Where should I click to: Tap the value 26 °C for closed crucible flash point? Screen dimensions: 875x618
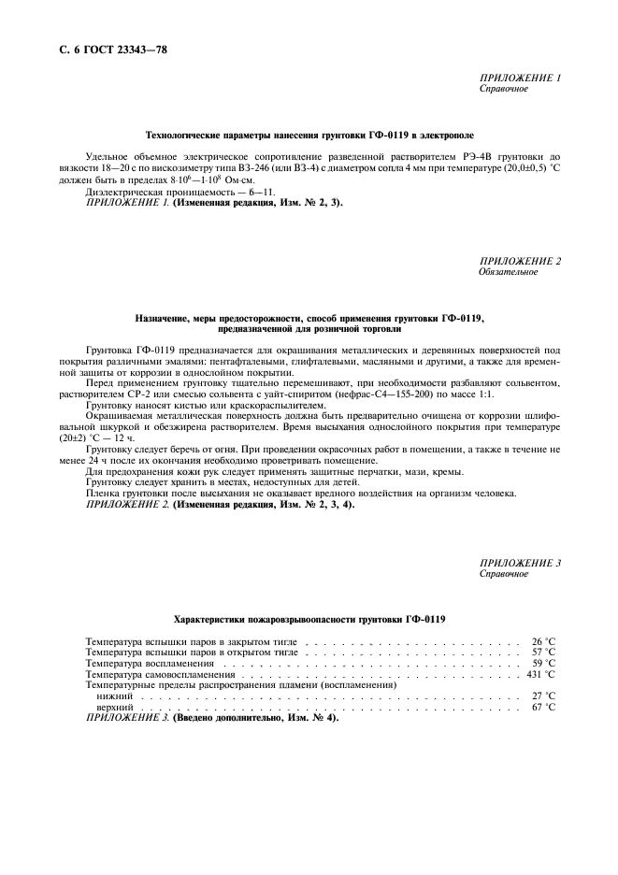click(x=543, y=642)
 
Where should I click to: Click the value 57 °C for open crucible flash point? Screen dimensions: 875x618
click(x=543, y=653)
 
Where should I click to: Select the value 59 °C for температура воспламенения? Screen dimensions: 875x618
click(x=543, y=663)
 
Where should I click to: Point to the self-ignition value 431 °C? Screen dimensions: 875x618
click(x=540, y=674)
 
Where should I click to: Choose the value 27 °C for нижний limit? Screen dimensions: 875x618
click(x=543, y=696)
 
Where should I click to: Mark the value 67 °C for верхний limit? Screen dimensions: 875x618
click(x=543, y=708)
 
